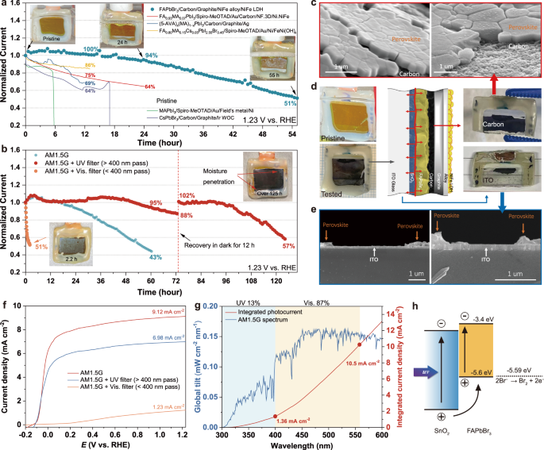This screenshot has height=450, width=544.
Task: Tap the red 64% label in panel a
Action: tap(149, 87)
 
